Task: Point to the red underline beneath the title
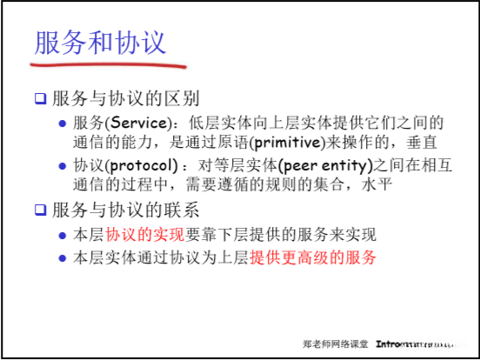[x=109, y=63]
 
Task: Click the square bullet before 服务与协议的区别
[x=40, y=98]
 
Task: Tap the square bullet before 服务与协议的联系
[x=40, y=210]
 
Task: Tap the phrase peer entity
[x=303, y=165]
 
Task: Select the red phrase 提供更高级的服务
[x=315, y=257]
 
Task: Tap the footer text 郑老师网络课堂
[x=336, y=344]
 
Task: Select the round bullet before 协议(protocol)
[x=62, y=166]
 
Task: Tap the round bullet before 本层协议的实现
[x=62, y=235]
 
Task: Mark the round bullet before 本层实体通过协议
[x=62, y=257]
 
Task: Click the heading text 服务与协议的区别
[x=126, y=98]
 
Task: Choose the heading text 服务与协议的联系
[x=126, y=210]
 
